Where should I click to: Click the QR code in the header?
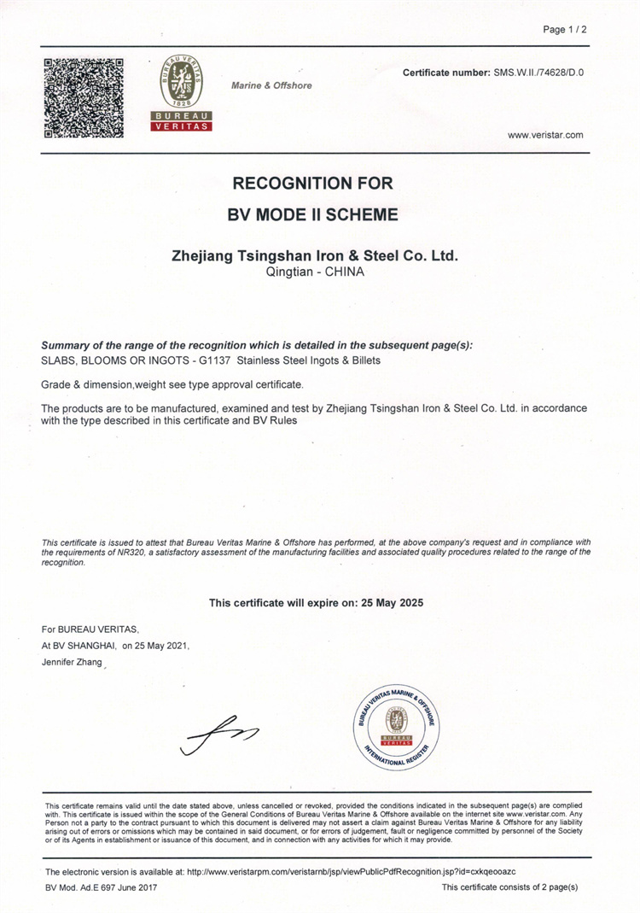[83, 97]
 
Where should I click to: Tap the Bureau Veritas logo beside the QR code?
[181, 93]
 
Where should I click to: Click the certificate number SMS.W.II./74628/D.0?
[538, 73]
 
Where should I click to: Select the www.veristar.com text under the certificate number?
[545, 135]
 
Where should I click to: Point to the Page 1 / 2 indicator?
[565, 30]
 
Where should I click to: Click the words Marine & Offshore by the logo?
[271, 85]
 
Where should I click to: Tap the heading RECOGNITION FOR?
[312, 183]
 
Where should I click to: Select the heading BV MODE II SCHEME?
[312, 214]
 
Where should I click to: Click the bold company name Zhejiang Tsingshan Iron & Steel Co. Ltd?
[316, 255]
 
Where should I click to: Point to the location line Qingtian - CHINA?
[316, 272]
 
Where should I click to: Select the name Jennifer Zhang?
[72, 662]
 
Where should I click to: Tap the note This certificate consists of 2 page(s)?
[509, 888]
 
